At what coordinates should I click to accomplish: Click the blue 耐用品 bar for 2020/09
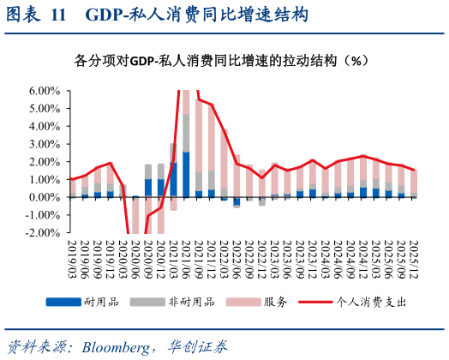point(148,188)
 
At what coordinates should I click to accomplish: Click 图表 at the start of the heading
point(23,15)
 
